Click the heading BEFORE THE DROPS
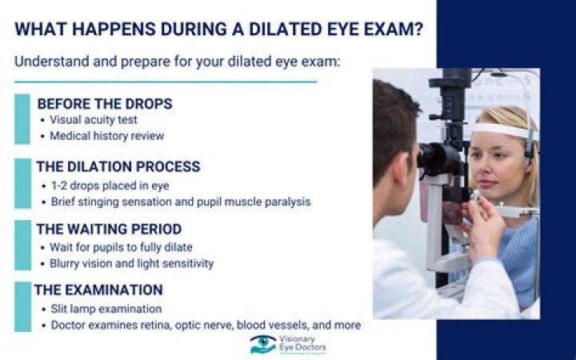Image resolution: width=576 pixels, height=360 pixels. [x=105, y=104]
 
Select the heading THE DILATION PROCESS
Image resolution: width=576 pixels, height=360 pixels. [x=118, y=166]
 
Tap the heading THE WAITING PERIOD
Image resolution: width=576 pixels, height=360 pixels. [x=109, y=229]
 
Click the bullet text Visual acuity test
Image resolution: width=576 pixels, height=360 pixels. [x=94, y=120]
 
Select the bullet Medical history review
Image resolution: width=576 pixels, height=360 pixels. [x=107, y=136]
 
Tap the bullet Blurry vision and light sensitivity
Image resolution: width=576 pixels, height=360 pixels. [x=132, y=262]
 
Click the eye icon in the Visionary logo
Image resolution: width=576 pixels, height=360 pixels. [x=262, y=344]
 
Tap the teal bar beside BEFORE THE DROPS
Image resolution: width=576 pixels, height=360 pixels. [x=22, y=119]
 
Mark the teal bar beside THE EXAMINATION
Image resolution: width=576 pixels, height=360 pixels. [x=22, y=306]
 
